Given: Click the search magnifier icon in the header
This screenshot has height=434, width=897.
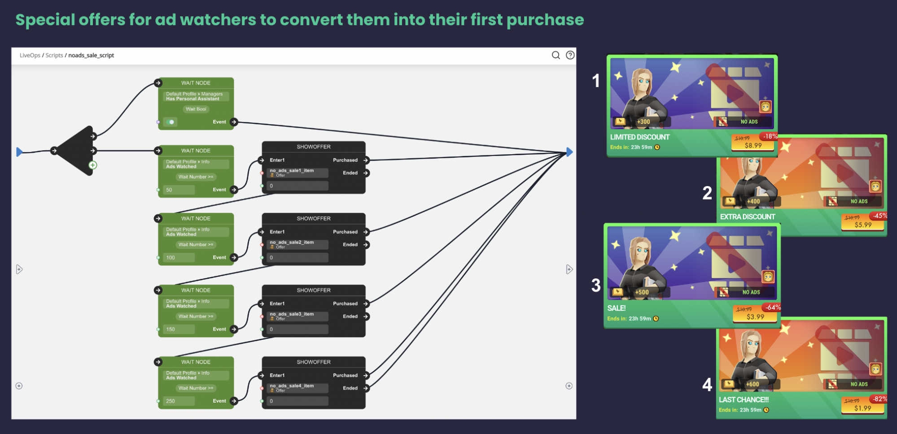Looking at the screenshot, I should (x=556, y=55).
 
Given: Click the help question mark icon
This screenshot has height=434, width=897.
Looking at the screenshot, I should (x=570, y=55).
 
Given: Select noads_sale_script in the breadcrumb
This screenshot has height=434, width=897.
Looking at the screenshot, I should (x=91, y=56).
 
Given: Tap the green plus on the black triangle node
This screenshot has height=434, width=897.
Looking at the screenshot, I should (x=93, y=165).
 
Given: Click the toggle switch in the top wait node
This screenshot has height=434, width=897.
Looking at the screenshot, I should (x=170, y=122).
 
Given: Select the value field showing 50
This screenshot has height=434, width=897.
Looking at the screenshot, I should (x=179, y=190).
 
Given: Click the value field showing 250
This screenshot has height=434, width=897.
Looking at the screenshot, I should (x=179, y=401).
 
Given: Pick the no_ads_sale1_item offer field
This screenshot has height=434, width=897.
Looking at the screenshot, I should (x=298, y=173).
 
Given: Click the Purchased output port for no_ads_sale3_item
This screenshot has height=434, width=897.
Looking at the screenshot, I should (x=366, y=304).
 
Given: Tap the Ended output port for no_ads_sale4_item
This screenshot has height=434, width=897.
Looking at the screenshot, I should (x=366, y=388).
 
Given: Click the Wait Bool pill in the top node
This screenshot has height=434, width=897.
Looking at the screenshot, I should (x=196, y=109).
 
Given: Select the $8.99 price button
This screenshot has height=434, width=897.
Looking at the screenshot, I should (x=753, y=145).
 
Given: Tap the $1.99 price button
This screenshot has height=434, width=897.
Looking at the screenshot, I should (x=862, y=408).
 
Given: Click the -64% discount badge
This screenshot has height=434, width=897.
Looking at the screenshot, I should (x=773, y=308).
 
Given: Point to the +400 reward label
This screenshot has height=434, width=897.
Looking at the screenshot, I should (x=753, y=202).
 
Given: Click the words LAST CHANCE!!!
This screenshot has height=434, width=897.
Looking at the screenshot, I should (x=744, y=399).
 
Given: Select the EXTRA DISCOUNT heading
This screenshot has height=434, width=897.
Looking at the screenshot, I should (x=748, y=217).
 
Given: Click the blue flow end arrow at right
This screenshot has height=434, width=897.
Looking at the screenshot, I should (x=569, y=152).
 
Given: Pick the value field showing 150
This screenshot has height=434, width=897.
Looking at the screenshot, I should (x=179, y=330).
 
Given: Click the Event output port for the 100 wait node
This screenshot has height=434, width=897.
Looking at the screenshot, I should (x=234, y=257).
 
